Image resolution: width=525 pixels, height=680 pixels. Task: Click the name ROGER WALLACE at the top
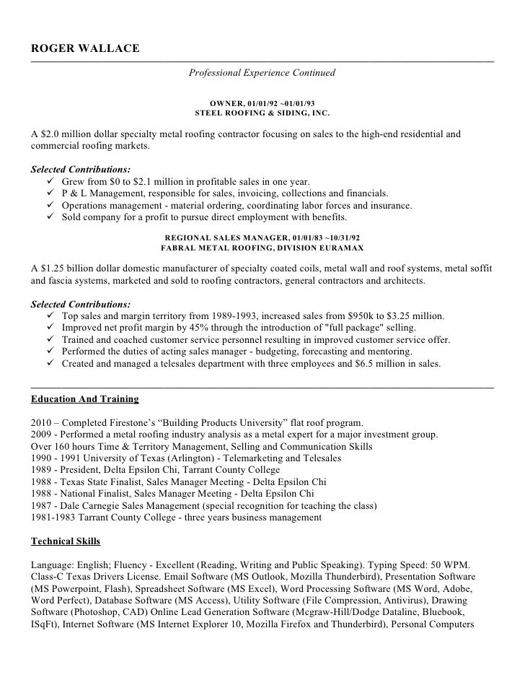[x=85, y=48]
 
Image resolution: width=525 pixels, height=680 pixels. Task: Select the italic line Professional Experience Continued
[x=262, y=74]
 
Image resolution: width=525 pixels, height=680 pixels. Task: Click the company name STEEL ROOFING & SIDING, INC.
[x=262, y=113]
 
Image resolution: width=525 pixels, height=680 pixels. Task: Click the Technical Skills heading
[x=66, y=541]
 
